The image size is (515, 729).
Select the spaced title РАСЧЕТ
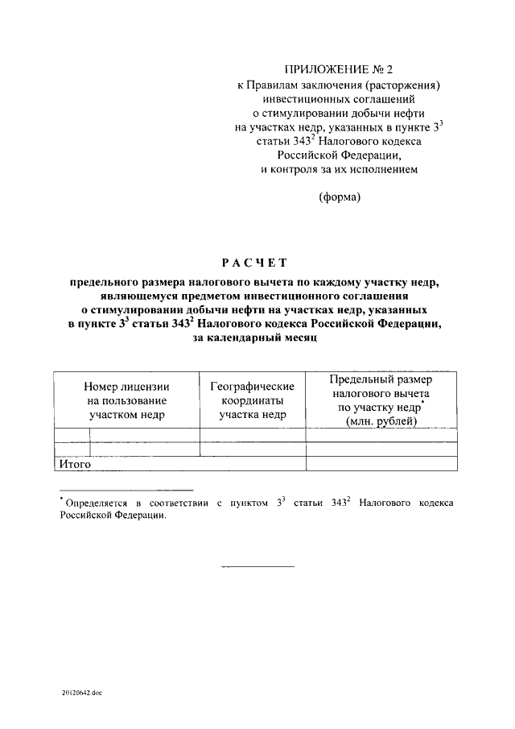(x=257, y=263)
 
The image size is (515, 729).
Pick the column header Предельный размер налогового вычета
(x=381, y=379)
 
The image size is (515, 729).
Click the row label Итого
(x=73, y=464)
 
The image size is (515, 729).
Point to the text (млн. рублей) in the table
(x=381, y=421)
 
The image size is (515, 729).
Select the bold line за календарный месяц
(x=257, y=339)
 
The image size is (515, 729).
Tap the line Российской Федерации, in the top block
(x=339, y=155)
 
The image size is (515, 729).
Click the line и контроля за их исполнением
(x=339, y=169)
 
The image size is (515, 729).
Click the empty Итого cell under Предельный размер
(x=381, y=464)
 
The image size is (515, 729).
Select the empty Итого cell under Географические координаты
(x=252, y=464)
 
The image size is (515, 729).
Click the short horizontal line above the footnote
(x=126, y=490)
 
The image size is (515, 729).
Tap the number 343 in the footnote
(x=338, y=503)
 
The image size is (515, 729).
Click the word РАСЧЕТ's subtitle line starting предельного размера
(x=257, y=283)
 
